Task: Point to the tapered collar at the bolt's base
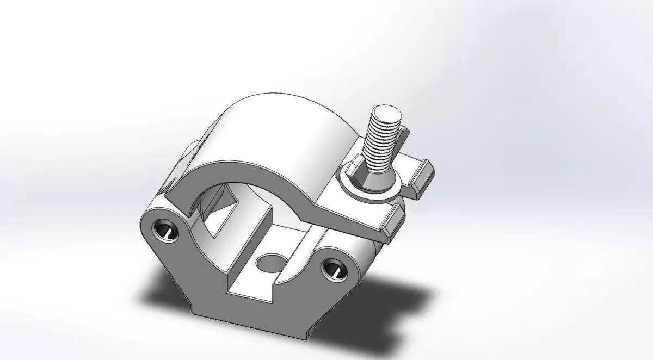click(x=380, y=179)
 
